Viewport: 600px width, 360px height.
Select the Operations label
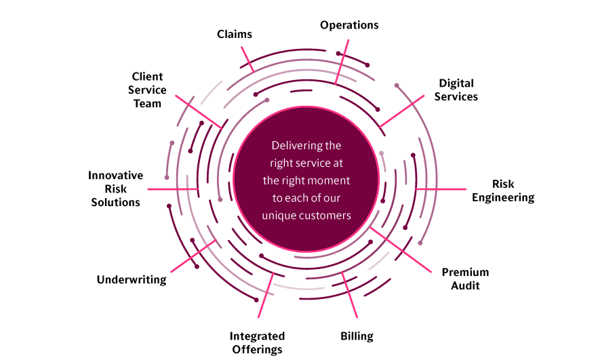coord(349,25)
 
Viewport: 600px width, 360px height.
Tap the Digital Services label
coord(456,90)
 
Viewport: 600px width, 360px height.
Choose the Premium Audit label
coord(465,279)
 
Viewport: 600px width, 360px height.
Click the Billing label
coord(357,336)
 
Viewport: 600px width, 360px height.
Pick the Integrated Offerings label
coord(257,342)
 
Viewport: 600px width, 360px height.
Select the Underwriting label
coord(132,279)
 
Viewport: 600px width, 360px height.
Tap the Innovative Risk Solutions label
coord(115,188)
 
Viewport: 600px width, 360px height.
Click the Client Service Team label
coord(147,90)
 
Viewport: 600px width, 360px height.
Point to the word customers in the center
coord(328,216)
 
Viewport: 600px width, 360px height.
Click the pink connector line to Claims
coord(247,59)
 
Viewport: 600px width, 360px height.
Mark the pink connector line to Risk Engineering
coord(441,189)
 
